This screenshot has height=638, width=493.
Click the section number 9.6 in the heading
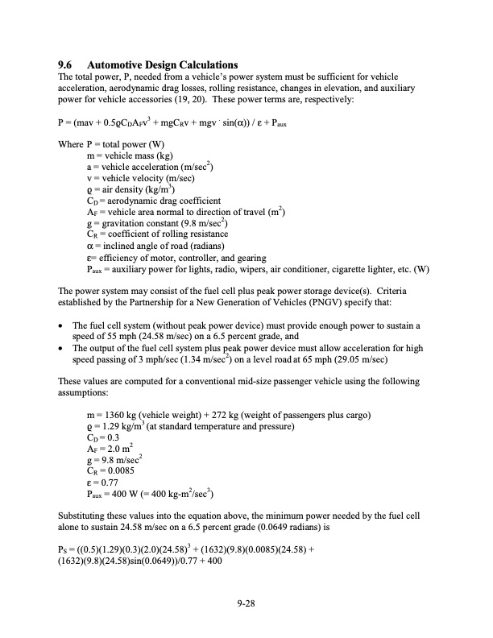point(66,64)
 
